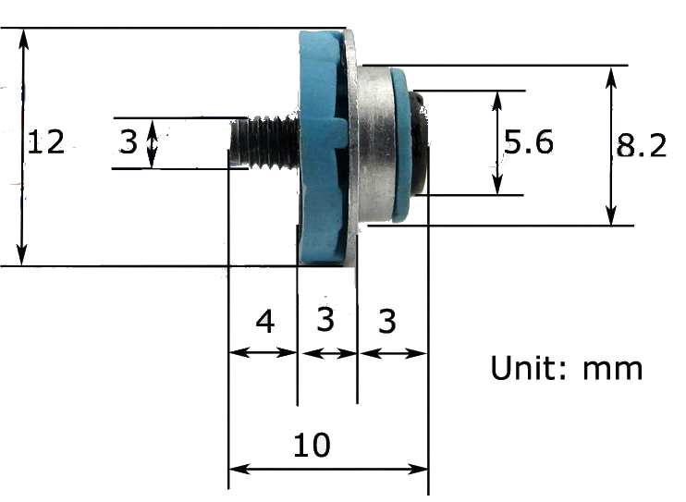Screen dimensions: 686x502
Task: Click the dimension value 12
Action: [46, 141]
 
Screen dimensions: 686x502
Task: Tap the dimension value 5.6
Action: [529, 141]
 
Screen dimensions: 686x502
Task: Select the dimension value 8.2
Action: [642, 145]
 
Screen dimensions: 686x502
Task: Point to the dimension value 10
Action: [312, 445]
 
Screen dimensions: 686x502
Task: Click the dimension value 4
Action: [265, 321]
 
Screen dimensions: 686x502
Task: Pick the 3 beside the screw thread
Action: [129, 141]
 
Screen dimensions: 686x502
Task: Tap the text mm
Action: [612, 371]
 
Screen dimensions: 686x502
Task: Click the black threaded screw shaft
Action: [263, 142]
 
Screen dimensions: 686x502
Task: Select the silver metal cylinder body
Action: [374, 144]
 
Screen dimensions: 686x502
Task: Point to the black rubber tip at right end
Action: [419, 142]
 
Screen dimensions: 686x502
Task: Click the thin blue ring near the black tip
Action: [401, 144]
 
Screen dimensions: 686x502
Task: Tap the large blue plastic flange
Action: [322, 147]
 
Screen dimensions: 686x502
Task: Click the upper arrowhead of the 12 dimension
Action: [24, 38]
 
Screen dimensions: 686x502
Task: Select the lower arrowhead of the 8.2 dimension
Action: [611, 216]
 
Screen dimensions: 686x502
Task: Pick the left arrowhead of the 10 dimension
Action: [239, 470]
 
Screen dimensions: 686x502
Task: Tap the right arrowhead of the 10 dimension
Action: [418, 470]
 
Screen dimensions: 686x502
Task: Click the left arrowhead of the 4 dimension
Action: [239, 352]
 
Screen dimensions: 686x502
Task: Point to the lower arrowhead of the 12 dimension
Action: [22, 255]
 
